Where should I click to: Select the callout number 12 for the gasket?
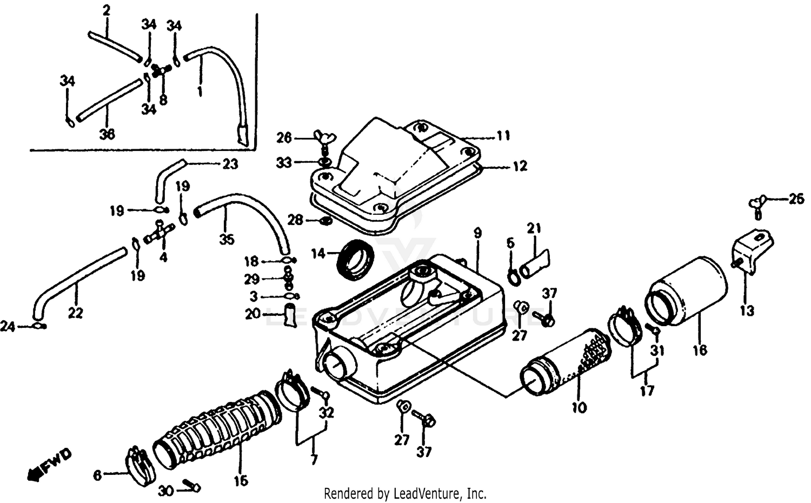520,166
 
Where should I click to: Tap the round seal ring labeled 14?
355,261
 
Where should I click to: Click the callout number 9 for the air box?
477,233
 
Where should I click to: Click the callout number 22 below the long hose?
75,313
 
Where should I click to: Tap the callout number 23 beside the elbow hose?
230,164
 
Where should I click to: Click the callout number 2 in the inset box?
107,10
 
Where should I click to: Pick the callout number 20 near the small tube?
252,314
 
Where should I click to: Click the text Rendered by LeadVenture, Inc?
405,493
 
